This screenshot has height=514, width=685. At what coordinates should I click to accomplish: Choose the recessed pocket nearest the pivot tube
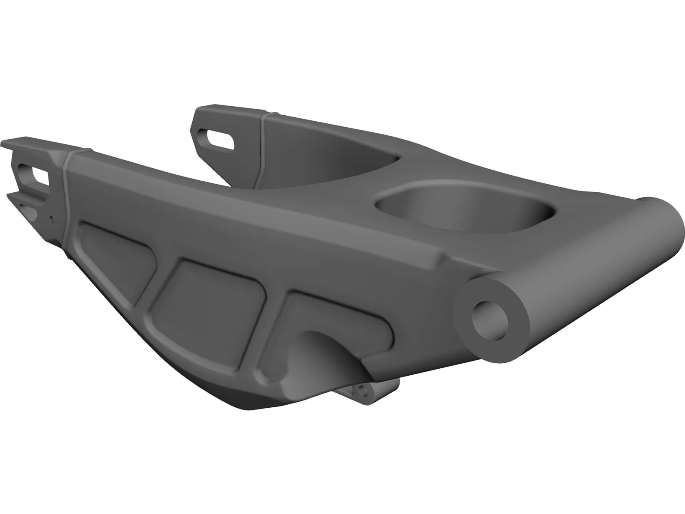(x=325, y=317)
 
